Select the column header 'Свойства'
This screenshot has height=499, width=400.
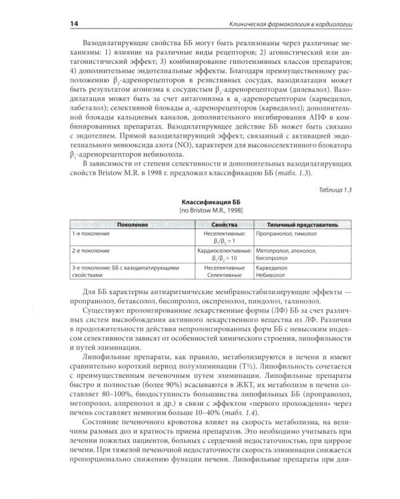[x=223, y=226]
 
